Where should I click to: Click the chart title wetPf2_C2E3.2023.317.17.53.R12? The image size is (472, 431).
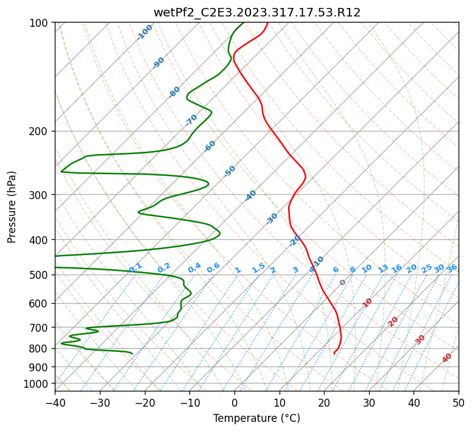point(256,13)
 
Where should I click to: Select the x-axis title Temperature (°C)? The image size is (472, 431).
point(256,418)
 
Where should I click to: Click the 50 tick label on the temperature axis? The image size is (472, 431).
point(459,402)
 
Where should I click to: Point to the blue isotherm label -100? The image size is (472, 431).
point(144,32)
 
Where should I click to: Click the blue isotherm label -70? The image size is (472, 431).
point(191,119)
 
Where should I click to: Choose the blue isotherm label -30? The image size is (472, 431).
point(272,219)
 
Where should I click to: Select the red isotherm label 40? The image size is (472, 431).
point(447,359)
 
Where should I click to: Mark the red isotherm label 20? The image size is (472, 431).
point(393,321)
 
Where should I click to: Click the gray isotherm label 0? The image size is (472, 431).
point(342,282)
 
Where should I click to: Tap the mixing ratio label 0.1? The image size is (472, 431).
point(135,267)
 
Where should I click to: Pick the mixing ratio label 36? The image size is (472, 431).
point(452,268)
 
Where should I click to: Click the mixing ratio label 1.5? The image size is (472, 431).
point(258,267)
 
